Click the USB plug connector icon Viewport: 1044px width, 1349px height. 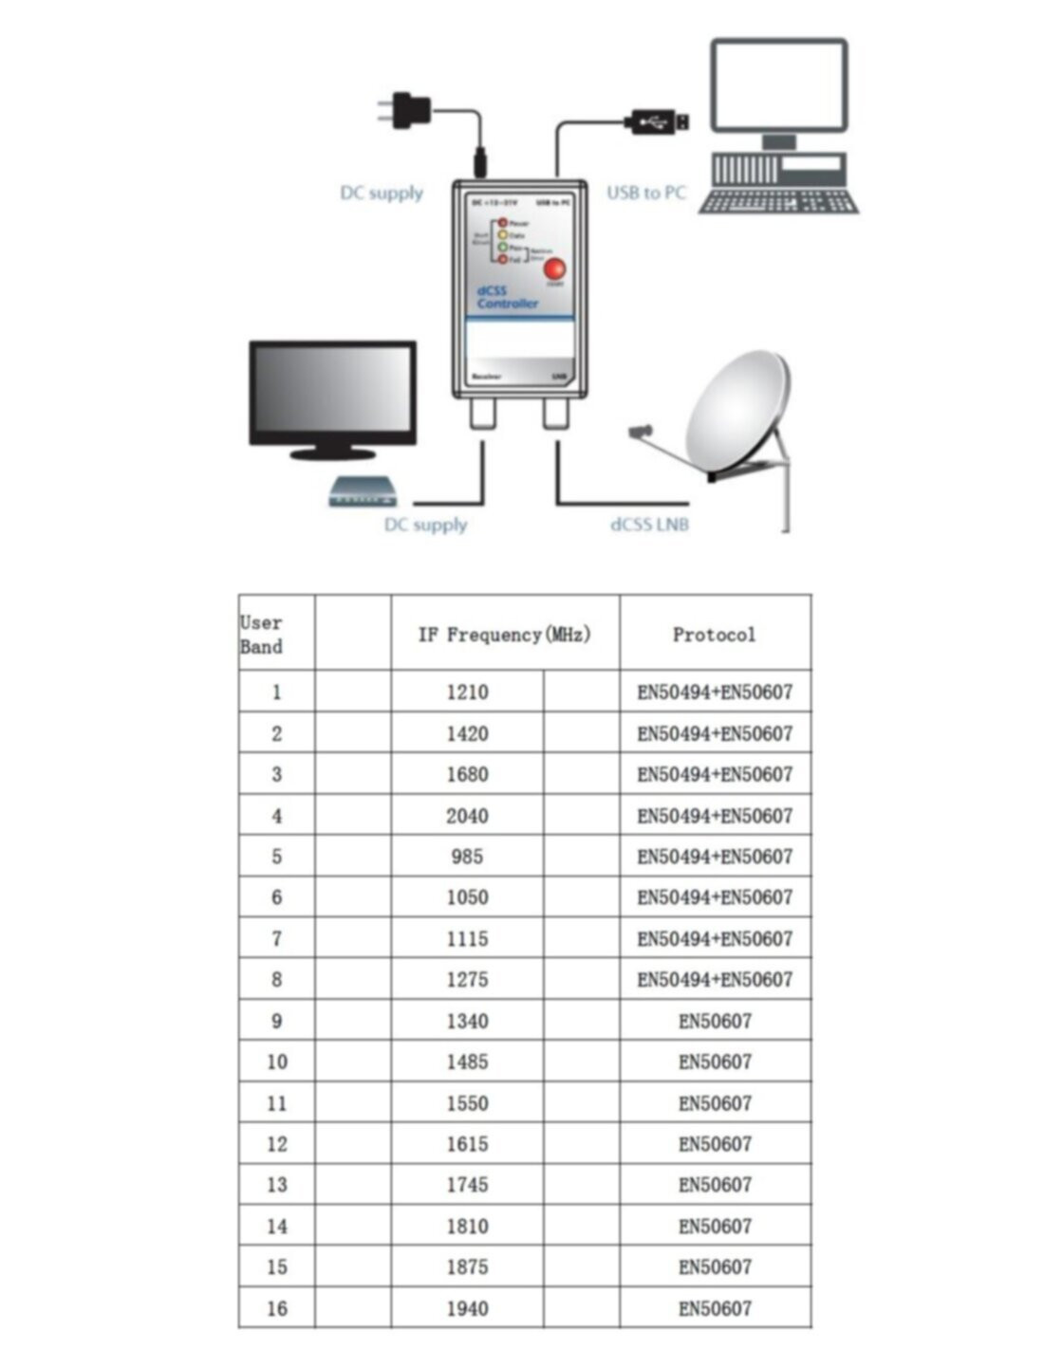[656, 120]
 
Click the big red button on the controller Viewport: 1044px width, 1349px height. [554, 268]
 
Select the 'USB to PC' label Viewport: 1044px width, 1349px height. [645, 193]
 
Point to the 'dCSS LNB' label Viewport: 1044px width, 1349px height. [649, 524]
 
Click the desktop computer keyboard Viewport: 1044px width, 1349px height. [778, 202]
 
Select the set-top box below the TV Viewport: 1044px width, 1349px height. [362, 492]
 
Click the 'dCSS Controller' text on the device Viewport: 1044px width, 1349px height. [507, 297]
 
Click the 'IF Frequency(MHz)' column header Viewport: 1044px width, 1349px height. [505, 634]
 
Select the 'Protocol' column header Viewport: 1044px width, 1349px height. [715, 634]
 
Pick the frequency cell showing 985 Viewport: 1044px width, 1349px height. [467, 856]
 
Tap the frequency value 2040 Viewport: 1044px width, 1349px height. [467, 815]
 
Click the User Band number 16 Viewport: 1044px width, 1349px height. [276, 1308]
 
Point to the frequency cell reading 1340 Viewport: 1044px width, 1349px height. [467, 1021]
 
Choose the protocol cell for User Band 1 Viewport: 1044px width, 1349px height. [715, 692]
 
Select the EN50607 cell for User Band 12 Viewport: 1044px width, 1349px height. [715, 1144]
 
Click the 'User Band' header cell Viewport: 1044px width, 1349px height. [262, 634]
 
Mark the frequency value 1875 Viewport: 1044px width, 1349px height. [467, 1266]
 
